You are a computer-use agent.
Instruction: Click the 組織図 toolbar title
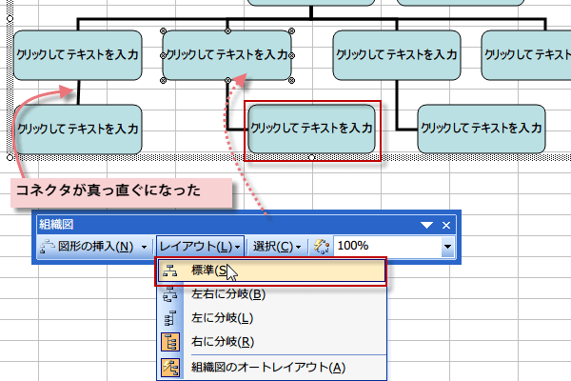(55, 224)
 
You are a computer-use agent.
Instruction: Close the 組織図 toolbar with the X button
(445, 225)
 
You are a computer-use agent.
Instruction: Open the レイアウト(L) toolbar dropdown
(199, 246)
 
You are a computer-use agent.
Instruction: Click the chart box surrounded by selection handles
(227, 55)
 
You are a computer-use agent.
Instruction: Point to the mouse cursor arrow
(229, 275)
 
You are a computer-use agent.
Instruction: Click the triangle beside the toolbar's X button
(425, 225)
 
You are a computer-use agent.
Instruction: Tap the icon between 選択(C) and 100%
(321, 246)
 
